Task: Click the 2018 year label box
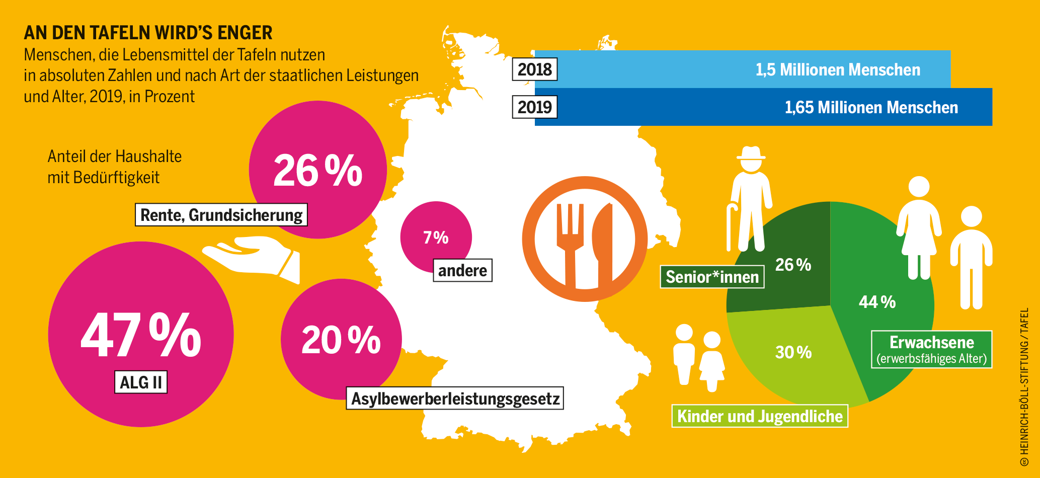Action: tap(534, 69)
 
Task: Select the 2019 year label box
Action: tap(534, 107)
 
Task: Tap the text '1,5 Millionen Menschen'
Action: tap(838, 69)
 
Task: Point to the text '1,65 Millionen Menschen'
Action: tap(871, 107)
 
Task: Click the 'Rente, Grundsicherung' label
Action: tap(221, 215)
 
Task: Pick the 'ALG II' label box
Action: tap(141, 382)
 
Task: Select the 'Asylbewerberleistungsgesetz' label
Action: tap(455, 399)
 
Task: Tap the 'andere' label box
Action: tap(462, 271)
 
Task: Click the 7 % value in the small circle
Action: tap(436, 237)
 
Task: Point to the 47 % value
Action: tap(141, 335)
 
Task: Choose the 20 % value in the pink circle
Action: tap(341, 341)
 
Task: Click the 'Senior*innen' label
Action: tap(712, 277)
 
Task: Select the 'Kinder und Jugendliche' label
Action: tap(760, 416)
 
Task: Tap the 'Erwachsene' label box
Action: tap(931, 349)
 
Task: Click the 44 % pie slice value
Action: tap(877, 302)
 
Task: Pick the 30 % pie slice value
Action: tap(793, 352)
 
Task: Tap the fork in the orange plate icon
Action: tap(570, 242)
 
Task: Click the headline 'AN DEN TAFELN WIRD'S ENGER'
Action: tap(148, 33)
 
